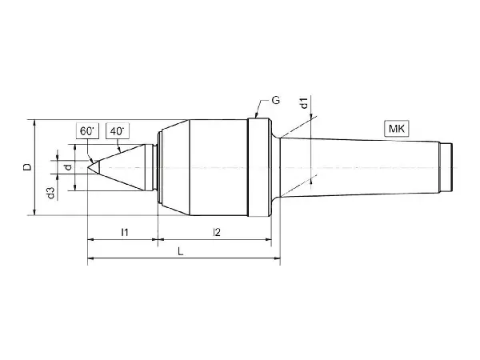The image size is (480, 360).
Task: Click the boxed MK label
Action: [397, 129]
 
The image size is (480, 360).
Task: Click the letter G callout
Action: [275, 100]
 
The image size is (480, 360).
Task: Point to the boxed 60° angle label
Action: [87, 131]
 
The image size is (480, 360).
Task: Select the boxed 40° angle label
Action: [118, 131]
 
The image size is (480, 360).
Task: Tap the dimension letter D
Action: [27, 167]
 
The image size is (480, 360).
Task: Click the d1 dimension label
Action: [304, 103]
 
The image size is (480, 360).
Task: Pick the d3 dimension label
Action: [51, 193]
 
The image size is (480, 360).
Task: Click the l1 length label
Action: [124, 232]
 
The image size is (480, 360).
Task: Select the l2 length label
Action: [217, 232]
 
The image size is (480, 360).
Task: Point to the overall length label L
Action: [181, 252]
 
